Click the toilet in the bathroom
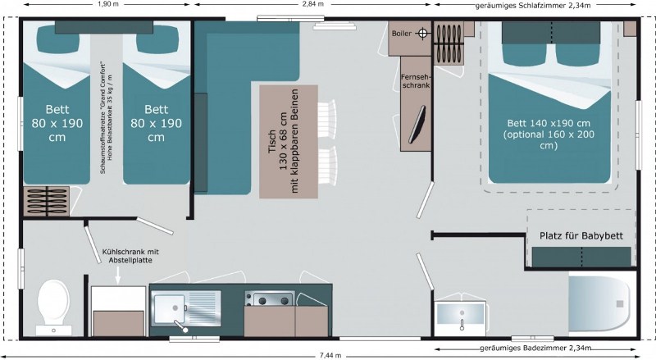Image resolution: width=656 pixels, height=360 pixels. tap(53, 308)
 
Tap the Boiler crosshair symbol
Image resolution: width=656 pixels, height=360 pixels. tap(422, 34)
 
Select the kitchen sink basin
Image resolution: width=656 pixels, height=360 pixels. tap(168, 309)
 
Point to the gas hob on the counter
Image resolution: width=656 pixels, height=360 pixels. tap(271, 298)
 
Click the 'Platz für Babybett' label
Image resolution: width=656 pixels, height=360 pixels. tap(581, 235)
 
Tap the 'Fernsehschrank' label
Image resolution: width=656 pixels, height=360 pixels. tap(416, 81)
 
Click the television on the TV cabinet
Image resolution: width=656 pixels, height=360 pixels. tap(417, 125)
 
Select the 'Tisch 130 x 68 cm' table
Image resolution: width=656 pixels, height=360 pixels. tap(289, 142)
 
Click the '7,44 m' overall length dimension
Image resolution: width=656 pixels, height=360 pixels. tap(330, 355)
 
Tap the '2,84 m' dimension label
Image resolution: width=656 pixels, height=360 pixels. tap(313, 4)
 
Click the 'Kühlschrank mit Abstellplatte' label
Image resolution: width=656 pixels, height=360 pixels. tap(130, 256)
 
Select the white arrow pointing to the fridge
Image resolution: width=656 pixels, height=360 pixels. tap(118, 275)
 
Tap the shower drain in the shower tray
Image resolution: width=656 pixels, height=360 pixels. tap(620, 304)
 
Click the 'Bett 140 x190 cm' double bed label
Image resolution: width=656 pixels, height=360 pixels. tap(549, 123)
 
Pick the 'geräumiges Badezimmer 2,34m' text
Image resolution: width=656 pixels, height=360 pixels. tap(535, 349)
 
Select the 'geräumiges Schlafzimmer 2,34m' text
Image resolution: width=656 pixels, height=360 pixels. tap(533, 6)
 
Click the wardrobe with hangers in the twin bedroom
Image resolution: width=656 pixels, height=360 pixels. tap(47, 202)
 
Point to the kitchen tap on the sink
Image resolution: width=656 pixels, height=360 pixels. tap(180, 326)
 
